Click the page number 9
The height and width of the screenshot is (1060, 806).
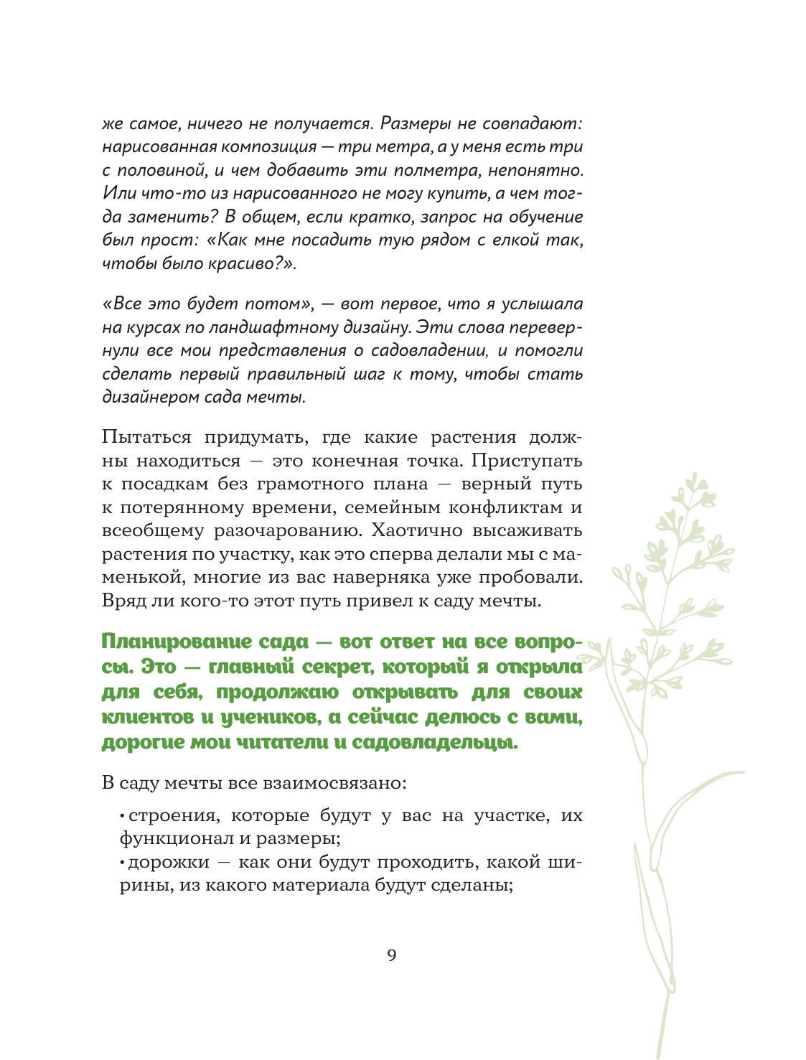(x=391, y=955)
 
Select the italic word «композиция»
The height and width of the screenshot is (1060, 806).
(x=269, y=147)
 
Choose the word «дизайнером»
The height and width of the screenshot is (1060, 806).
(x=146, y=397)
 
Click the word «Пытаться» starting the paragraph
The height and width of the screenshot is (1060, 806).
(x=146, y=438)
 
